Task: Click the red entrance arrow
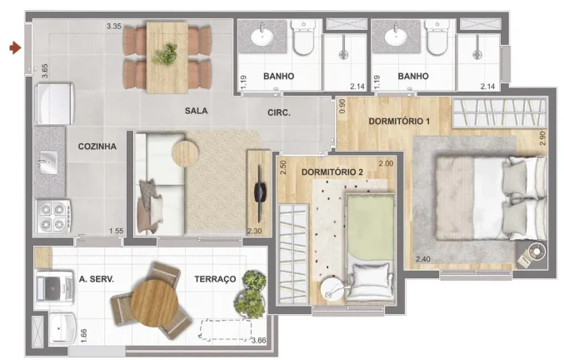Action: [15, 47]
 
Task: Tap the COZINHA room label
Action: [97, 147]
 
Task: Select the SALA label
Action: [196, 111]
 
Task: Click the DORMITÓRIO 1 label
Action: [399, 121]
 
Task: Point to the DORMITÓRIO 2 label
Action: [332, 172]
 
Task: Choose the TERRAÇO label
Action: [215, 279]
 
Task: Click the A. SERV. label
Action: [97, 279]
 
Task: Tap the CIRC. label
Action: [279, 113]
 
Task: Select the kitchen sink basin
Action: [48, 162]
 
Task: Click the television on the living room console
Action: [260, 192]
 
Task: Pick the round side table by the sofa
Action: [185, 153]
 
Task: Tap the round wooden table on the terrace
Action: [154, 302]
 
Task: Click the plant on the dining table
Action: [165, 54]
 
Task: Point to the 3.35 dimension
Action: [114, 27]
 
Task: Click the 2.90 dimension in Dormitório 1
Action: [543, 138]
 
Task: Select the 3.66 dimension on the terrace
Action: [259, 340]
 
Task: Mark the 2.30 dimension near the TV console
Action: [254, 231]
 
